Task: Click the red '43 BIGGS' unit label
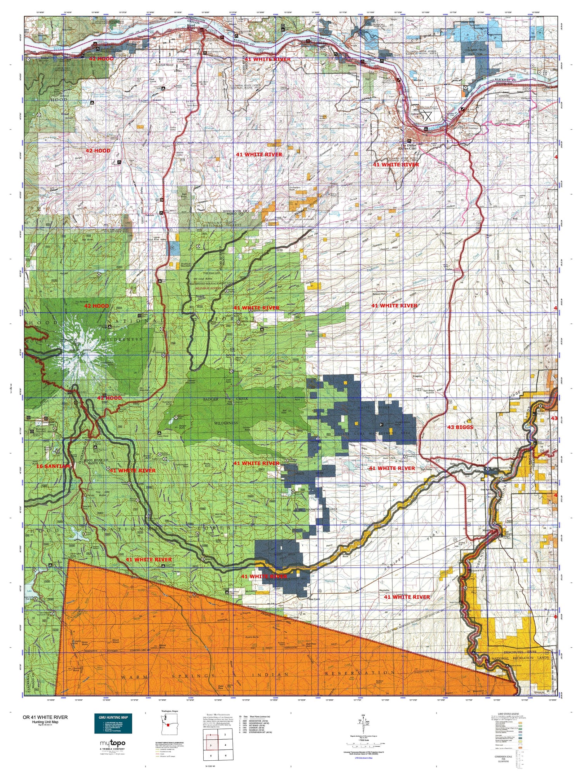click(x=461, y=427)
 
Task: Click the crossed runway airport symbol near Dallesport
click(x=428, y=116)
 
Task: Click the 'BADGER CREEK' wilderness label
click(x=225, y=399)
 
